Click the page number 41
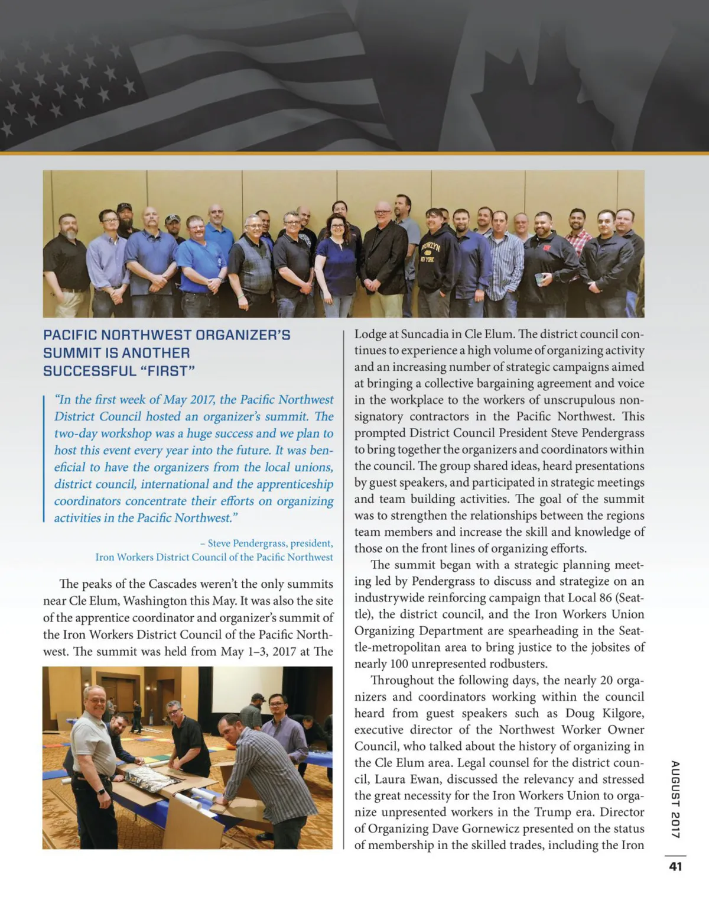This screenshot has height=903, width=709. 675,866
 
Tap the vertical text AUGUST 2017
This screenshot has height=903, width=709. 675,799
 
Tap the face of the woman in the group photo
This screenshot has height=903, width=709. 337,226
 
